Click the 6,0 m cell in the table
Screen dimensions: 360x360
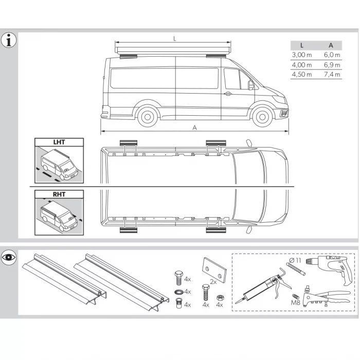point(332,55)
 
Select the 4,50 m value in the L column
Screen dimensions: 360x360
point(301,75)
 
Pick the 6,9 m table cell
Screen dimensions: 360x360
point(332,65)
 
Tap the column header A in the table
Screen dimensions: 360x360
point(331,45)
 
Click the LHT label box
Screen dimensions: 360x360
point(59,142)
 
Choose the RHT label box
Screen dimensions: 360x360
point(59,194)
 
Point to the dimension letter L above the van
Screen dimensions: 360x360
point(175,39)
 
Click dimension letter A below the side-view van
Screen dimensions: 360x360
point(194,127)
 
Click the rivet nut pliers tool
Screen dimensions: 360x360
point(324,298)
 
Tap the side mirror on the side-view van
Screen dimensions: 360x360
point(251,85)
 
